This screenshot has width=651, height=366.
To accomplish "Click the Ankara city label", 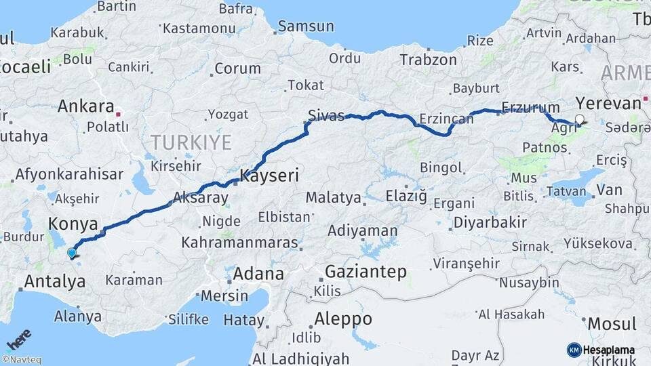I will click(x=85, y=106).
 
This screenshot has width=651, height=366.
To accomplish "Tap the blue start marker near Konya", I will click(x=71, y=253).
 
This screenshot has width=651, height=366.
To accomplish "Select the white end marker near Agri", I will click(x=578, y=120).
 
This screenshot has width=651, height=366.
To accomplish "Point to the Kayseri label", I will click(x=269, y=176).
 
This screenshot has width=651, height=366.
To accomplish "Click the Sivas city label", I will click(x=325, y=115).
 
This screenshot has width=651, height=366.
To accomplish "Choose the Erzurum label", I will click(x=530, y=108).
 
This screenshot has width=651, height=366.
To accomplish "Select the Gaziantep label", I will click(x=366, y=272).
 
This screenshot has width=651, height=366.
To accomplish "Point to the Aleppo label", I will click(x=343, y=319).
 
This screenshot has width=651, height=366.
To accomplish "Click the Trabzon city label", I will click(x=428, y=60).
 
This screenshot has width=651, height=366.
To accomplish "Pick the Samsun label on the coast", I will click(x=307, y=26).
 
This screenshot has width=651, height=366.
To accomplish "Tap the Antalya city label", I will click(x=55, y=281).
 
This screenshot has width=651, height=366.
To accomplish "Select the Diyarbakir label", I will click(x=490, y=222).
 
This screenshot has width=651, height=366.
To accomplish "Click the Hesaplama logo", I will click(x=600, y=350).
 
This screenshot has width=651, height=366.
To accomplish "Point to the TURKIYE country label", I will click(x=191, y=142).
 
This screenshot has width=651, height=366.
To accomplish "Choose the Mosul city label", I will click(x=612, y=323).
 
